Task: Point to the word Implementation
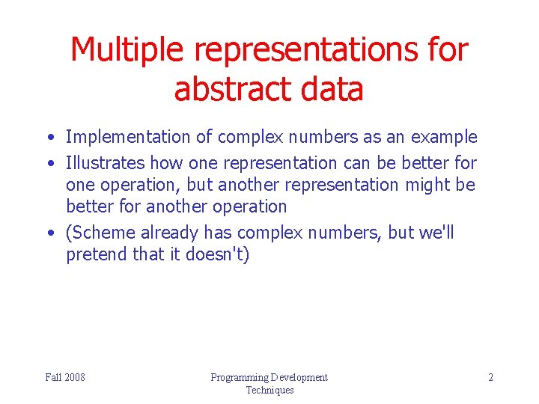click(128, 137)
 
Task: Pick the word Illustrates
click(106, 162)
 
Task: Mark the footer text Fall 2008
click(65, 377)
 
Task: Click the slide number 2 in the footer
click(490, 377)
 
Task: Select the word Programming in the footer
click(240, 377)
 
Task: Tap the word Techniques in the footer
click(269, 390)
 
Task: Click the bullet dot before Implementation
click(49, 138)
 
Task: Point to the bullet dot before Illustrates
click(49, 163)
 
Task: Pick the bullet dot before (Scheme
click(49, 233)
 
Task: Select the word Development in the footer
click(300, 377)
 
